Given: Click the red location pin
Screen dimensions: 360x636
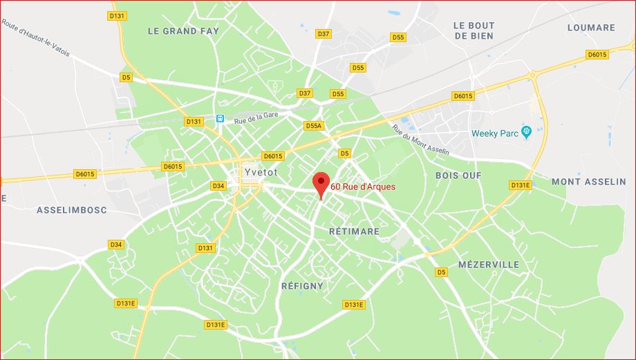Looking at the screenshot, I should (320, 183).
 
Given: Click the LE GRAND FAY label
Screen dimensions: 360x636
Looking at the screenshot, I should (183, 31).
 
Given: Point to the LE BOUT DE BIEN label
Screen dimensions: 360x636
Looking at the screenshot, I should (474, 31).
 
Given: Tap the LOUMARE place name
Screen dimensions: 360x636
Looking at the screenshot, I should (590, 28).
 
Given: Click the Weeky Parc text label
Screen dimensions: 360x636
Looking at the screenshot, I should (495, 133).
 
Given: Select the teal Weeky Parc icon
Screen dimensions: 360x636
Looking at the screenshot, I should (526, 131).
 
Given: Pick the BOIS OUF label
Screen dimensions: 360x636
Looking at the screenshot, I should (458, 176).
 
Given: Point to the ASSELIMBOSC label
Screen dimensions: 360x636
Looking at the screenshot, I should (71, 209).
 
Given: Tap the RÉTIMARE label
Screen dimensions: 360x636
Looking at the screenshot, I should (354, 231).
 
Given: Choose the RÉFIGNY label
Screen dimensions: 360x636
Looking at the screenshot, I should (302, 285).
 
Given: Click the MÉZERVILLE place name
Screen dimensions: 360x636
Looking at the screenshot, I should (488, 265).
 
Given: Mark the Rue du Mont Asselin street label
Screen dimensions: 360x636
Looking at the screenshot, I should (420, 139).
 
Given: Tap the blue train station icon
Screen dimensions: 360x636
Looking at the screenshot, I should (220, 118).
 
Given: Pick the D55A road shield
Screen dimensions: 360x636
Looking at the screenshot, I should (313, 126).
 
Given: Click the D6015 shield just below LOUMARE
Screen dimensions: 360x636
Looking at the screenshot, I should (596, 55).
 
